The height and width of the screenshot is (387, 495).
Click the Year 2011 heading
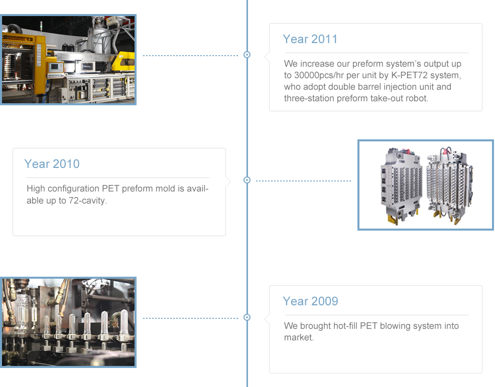point(310,39)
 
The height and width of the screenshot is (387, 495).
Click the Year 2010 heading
point(52,164)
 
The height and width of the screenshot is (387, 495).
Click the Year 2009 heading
point(310,301)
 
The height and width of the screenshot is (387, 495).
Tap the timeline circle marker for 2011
point(247,55)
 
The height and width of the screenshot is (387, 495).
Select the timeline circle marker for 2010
point(247,180)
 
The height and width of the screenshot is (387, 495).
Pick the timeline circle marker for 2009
point(247,317)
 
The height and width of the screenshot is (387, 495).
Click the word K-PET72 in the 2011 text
point(409,75)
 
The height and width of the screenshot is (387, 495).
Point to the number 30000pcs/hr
point(319,75)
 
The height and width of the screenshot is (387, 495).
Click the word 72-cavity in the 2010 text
point(88,201)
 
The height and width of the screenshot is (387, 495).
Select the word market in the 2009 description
point(299,337)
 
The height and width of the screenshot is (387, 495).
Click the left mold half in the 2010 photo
point(402,185)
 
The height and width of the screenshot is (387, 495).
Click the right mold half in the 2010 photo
point(449,185)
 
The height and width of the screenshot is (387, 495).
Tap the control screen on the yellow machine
point(56,67)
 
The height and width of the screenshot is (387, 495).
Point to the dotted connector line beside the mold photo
point(303,181)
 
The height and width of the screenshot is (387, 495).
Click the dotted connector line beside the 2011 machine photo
point(190,56)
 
